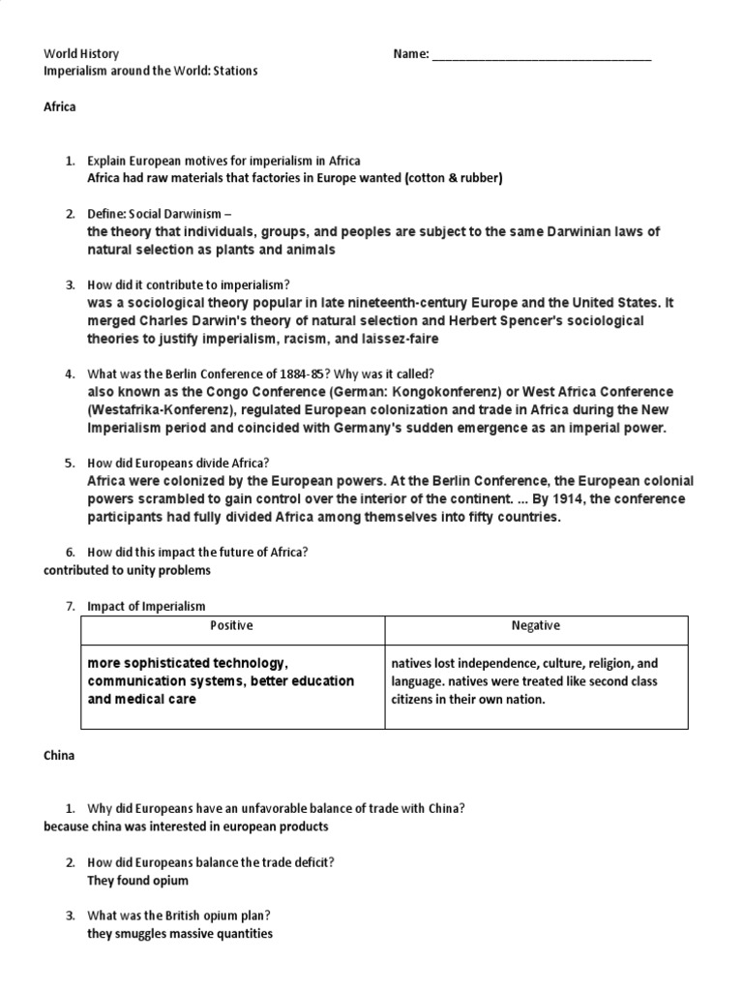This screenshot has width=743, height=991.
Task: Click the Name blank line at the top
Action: [x=541, y=55]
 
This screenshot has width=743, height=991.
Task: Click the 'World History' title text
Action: [x=82, y=54]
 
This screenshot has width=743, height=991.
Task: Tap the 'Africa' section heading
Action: [x=60, y=107]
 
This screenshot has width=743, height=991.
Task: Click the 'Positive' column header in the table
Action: [x=231, y=626]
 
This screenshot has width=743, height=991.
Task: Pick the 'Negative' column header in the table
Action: [x=535, y=626]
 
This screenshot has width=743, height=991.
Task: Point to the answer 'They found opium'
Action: [x=138, y=881]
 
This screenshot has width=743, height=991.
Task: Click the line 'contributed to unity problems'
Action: [x=127, y=570]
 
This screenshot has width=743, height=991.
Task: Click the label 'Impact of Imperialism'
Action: [x=146, y=606]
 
